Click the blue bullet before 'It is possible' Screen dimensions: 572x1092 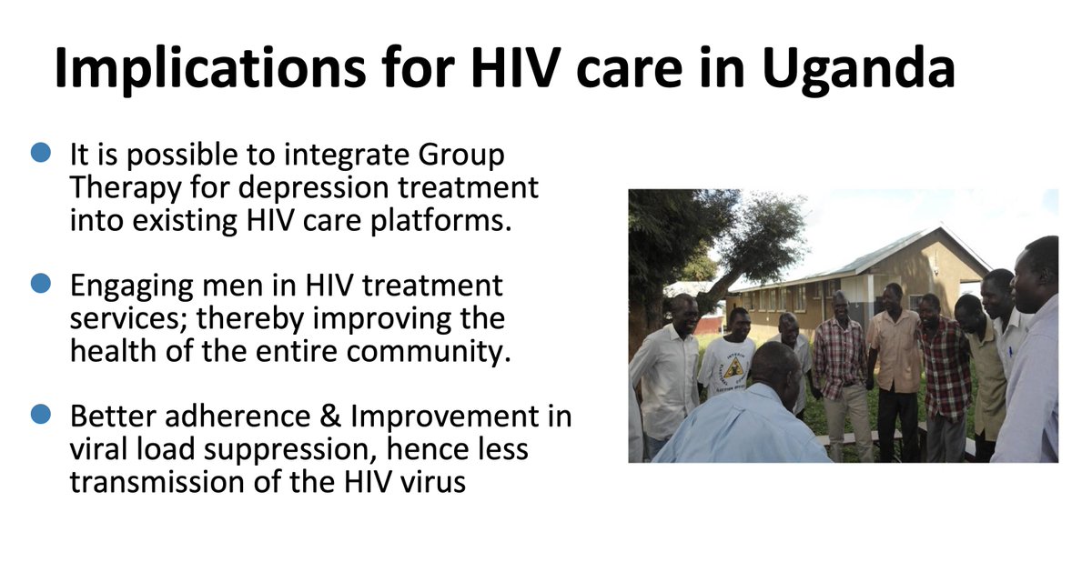click(x=41, y=154)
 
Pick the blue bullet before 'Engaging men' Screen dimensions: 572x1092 click(x=41, y=285)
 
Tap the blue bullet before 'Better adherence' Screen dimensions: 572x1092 click(x=41, y=416)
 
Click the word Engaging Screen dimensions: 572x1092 click(x=134, y=286)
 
